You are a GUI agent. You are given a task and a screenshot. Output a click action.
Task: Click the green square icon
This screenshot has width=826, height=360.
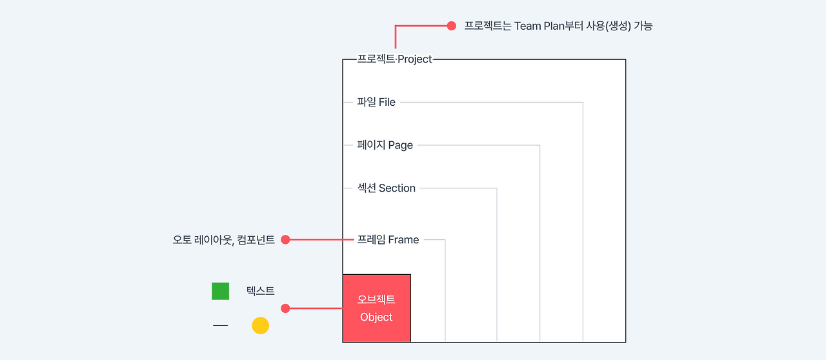[221, 291]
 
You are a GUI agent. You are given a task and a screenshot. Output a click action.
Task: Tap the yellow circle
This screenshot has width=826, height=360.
[260, 326]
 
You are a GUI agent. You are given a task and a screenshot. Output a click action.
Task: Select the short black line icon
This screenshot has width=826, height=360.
[221, 325]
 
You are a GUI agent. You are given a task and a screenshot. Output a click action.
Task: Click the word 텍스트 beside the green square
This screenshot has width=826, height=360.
[260, 291]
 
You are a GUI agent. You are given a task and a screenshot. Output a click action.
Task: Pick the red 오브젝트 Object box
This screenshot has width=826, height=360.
[376, 308]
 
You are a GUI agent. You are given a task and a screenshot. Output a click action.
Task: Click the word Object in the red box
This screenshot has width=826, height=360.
[376, 317]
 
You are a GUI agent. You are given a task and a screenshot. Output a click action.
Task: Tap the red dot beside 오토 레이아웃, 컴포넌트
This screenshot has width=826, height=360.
[285, 240]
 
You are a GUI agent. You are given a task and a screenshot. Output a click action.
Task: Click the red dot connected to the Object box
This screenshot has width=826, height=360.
[285, 308]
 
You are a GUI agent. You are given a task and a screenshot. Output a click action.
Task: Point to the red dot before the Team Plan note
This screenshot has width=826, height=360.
[451, 26]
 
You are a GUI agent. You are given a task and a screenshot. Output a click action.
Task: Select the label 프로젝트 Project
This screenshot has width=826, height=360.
[394, 59]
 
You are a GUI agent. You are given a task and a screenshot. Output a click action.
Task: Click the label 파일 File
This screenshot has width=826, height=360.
[376, 102]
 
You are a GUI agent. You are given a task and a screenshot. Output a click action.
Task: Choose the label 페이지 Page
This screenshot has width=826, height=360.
[385, 145]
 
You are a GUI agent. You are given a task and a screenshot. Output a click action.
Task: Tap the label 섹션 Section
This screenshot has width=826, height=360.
[386, 188]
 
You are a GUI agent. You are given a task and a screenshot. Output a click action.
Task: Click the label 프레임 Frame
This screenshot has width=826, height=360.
[388, 240]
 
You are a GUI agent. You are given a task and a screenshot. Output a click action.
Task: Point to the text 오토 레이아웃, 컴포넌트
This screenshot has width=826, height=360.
[224, 240]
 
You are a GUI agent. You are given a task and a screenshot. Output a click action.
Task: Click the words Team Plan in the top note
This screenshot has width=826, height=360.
[539, 26]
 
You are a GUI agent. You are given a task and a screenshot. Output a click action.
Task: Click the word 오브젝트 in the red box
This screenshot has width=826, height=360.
[376, 299]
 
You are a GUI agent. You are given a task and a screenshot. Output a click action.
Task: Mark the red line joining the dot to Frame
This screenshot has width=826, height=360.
[321, 240]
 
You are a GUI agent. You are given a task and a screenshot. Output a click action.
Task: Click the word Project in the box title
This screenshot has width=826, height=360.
[414, 59]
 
